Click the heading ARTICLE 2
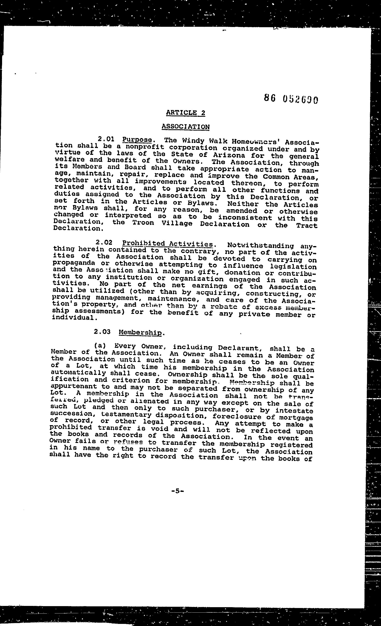coord(185,113)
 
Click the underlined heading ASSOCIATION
coord(185,127)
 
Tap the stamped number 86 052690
coord(291,99)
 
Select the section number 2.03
coord(102,332)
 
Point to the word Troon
coord(143,223)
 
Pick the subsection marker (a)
coord(100,345)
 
